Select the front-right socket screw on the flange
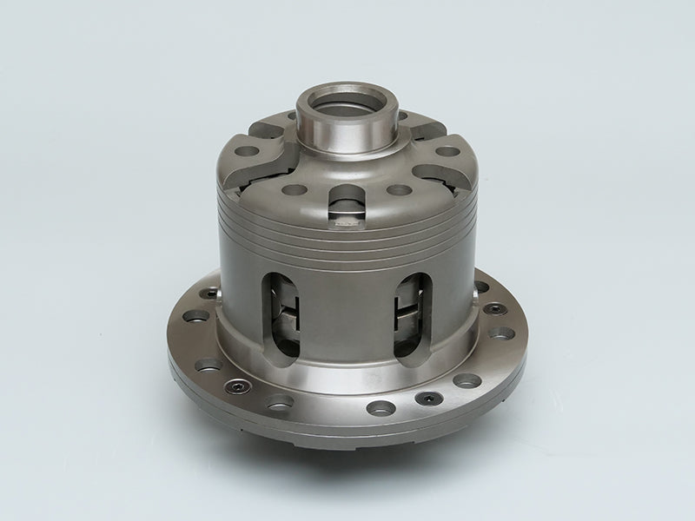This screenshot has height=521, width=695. coord(427,398)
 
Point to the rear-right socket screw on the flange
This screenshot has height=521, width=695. coord(493,307)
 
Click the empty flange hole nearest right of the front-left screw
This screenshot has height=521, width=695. coord(280,402)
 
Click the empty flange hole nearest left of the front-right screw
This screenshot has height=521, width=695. coord(379,406)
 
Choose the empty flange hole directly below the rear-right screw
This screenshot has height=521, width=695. coord(500,333)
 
